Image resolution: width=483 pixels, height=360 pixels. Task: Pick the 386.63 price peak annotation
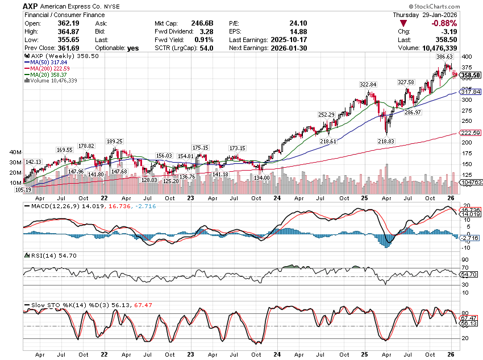444,57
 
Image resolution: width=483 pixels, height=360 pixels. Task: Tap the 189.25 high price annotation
115,141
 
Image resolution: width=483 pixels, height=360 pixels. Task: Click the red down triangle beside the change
404,23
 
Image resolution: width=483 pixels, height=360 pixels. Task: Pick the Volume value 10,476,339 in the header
459,48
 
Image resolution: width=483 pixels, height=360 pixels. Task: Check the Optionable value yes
134,48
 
